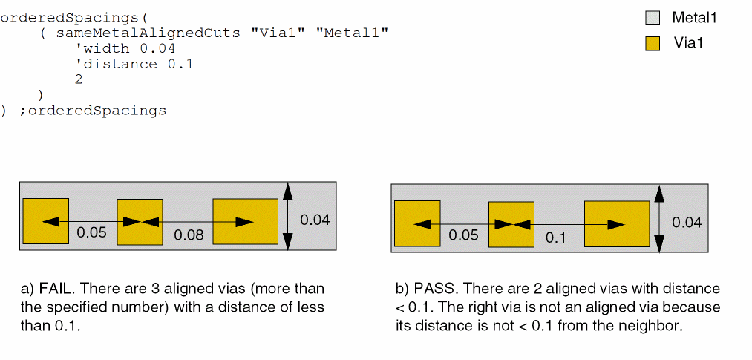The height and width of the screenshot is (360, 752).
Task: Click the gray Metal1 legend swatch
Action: (x=653, y=19)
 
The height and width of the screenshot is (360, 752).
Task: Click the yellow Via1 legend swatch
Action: (x=653, y=44)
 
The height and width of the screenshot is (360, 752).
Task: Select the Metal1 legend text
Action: (x=694, y=19)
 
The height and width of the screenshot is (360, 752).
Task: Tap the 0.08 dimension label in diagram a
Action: (x=189, y=235)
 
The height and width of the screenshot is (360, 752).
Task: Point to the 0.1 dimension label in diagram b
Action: (x=555, y=238)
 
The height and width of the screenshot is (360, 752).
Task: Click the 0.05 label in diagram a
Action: (x=91, y=233)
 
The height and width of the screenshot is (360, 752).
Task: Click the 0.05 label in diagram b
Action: (x=463, y=235)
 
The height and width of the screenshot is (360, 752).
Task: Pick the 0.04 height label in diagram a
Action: (x=315, y=220)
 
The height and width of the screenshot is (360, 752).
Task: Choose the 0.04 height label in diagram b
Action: (x=687, y=223)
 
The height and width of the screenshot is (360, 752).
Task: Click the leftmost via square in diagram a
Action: (x=46, y=221)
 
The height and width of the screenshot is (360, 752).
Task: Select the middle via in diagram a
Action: (x=140, y=222)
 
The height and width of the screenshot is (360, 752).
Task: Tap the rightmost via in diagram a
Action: (x=246, y=221)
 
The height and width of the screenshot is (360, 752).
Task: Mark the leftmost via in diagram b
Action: (x=417, y=223)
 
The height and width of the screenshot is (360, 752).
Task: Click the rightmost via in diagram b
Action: (x=617, y=224)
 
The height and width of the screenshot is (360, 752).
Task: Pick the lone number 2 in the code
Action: (x=79, y=79)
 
